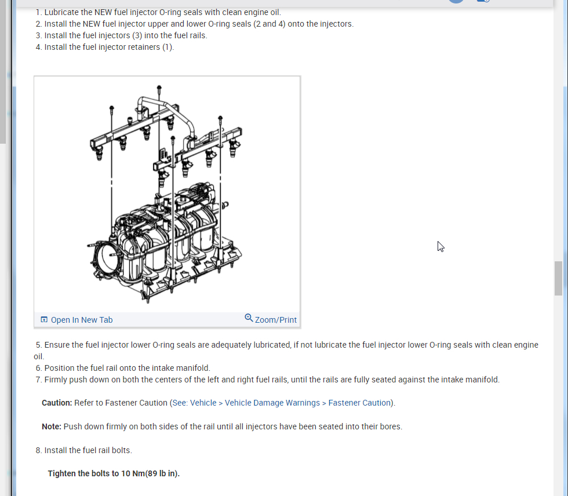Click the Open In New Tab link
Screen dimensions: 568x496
tap(81, 320)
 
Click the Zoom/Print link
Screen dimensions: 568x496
tap(275, 320)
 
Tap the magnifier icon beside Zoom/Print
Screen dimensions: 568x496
tap(249, 318)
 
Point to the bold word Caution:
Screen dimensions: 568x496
tap(57, 403)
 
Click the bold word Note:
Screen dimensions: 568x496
tap(52, 426)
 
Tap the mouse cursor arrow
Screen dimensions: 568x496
tap(440, 246)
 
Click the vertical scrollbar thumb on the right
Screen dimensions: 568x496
tap(558, 278)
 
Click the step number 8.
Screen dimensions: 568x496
tap(38, 450)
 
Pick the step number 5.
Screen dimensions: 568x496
tap(38, 345)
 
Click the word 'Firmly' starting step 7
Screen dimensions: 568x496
tap(56, 380)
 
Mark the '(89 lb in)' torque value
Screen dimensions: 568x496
tap(162, 473)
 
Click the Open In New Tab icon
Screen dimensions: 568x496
tap(44, 320)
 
